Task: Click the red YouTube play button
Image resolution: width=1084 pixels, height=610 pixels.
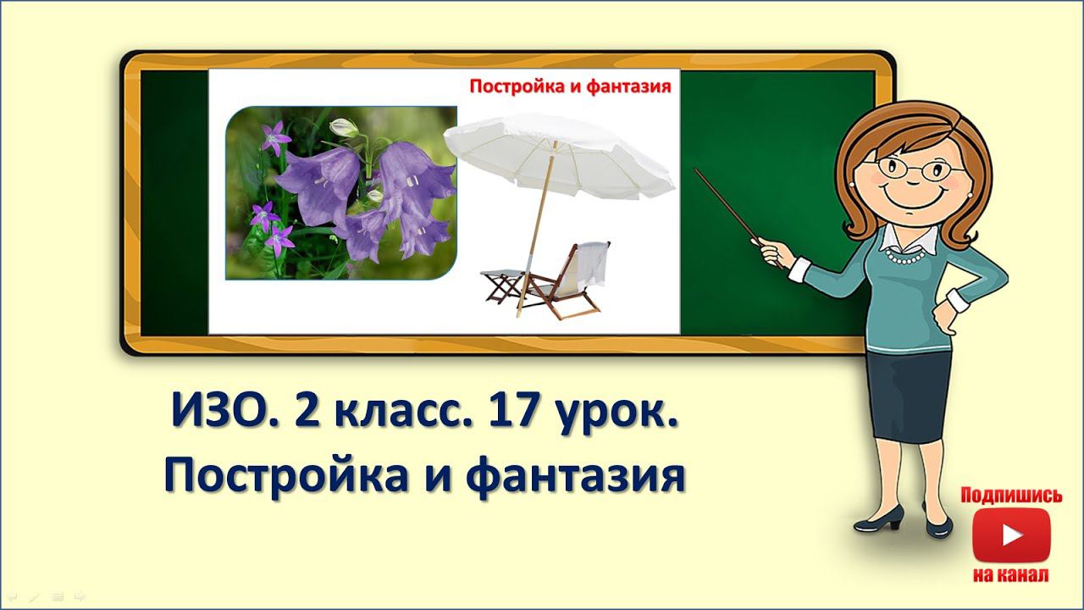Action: click(x=1011, y=535)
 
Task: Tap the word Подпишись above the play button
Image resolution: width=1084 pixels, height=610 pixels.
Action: click(x=1011, y=496)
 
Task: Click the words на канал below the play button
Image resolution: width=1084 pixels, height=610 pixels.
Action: click(x=1011, y=575)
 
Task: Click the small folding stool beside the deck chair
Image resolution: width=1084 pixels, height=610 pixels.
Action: click(x=503, y=284)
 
